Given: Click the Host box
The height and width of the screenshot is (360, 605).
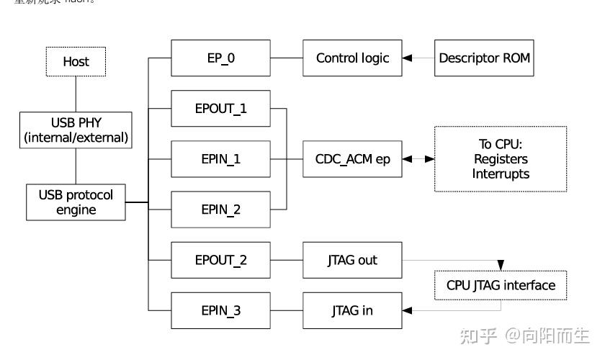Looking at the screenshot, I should point(76,62).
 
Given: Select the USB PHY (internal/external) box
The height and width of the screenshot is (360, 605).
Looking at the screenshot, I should point(76,130).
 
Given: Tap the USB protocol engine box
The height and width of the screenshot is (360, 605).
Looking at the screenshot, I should point(76,202).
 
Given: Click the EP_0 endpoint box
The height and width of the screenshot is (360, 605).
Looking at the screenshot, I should point(220,58).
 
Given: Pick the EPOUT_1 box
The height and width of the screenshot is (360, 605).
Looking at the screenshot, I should point(220,109).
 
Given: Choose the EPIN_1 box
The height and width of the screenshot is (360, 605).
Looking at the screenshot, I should point(220,159).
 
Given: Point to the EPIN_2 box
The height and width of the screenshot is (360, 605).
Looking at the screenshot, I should point(220,210).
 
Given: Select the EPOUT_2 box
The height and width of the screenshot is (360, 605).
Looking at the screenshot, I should point(220,261).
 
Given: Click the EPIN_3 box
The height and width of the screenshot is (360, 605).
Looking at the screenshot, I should point(220,311).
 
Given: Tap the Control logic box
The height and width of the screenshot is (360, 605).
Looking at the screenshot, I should point(352,58).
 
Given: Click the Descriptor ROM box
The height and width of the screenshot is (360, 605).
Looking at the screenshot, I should point(485,58).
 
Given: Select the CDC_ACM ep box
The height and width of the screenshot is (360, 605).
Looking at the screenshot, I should point(352,159).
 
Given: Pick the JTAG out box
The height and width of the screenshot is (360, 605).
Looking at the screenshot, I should point(352,261).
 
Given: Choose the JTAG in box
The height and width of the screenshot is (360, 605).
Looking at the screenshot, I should point(352,311).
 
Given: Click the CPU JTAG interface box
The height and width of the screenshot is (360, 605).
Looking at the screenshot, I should point(501,285).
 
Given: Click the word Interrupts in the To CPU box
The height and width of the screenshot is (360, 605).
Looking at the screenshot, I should point(501,174).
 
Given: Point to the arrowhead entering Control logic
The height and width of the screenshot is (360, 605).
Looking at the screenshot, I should point(408,58).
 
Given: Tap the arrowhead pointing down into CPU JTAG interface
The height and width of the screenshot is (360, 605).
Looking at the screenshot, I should point(501,266).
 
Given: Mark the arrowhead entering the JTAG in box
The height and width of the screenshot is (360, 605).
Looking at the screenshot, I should point(408,311).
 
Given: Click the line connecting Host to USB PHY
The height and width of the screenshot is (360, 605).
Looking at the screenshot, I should point(76,94).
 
